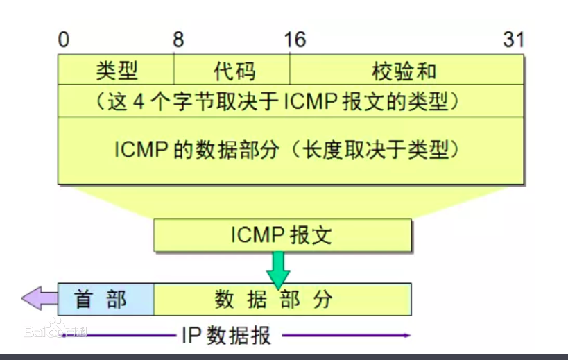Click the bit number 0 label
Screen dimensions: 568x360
63,40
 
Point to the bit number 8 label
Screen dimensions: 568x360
178,40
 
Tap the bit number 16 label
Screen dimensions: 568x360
295,40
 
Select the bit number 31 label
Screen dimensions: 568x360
513,40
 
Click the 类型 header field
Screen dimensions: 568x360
116,70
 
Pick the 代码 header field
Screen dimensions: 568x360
232,70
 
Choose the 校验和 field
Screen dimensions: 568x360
407,70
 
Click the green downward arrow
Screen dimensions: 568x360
278,270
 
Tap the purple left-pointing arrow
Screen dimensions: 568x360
39,298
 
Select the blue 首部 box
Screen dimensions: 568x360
106,299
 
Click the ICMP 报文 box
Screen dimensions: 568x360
282,235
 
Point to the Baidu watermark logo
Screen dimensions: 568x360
55,329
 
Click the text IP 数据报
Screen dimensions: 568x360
226,336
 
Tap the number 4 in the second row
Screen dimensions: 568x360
139,101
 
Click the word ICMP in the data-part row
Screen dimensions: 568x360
141,149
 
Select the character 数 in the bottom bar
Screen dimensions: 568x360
224,300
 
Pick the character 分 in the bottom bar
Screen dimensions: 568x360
322,300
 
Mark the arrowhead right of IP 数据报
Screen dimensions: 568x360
407,335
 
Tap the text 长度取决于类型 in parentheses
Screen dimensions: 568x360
376,149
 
